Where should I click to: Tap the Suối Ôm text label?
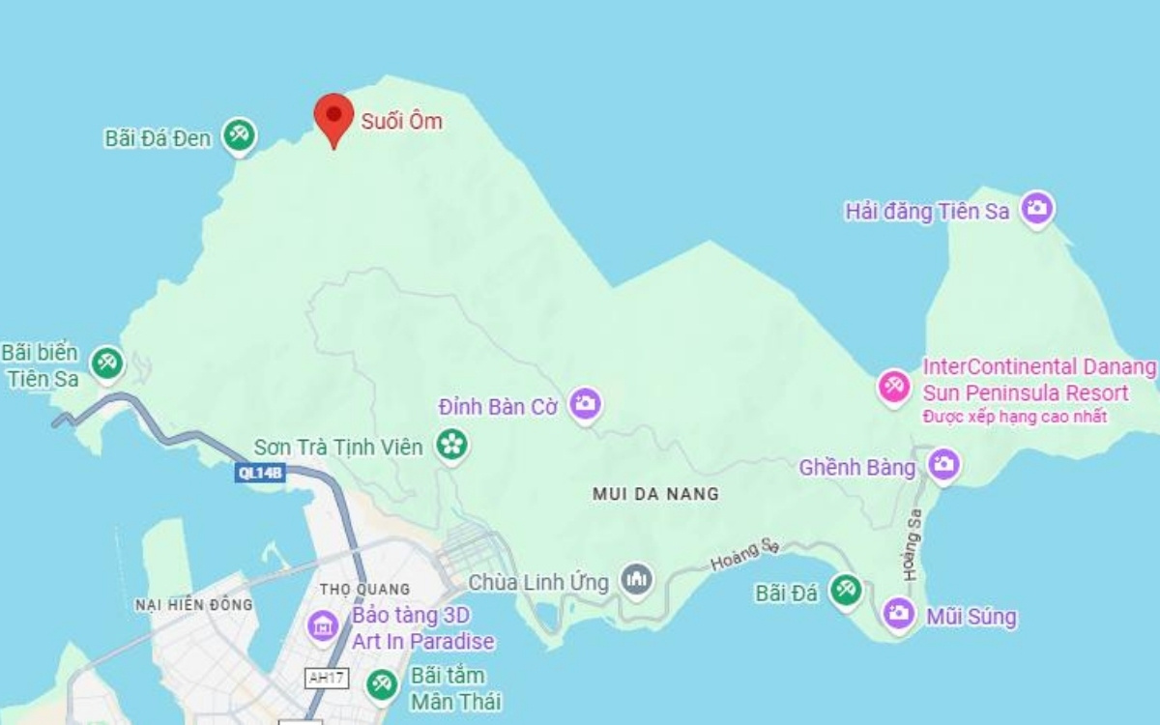pos(401,121)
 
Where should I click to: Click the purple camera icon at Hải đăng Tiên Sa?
pos(1037,208)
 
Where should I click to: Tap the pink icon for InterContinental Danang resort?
pos(893,387)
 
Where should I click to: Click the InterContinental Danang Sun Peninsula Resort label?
pos(1038,381)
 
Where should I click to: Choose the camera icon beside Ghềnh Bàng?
pos(943,465)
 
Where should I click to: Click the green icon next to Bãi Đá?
pos(847,591)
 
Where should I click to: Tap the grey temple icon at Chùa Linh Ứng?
pos(636,580)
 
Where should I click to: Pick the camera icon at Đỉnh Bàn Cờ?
pos(584,404)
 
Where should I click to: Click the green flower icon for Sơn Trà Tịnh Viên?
pos(451,445)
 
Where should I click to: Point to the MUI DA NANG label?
pos(655,494)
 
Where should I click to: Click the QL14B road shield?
pos(261,473)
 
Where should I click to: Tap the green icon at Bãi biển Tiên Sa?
pos(105,363)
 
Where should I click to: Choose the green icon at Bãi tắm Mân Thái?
pos(381,684)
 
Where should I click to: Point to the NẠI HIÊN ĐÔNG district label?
pos(193,605)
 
